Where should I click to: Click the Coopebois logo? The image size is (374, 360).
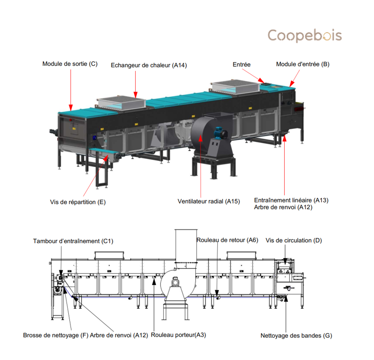[x=305, y=36]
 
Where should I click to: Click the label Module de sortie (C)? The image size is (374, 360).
[x=70, y=64]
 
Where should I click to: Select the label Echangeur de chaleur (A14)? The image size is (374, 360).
[x=149, y=65]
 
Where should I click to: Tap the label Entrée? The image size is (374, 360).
[x=241, y=65]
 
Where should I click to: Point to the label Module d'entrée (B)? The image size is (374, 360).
[x=303, y=64]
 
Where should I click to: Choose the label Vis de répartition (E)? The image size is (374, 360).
[x=78, y=202]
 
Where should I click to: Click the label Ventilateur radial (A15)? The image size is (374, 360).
[x=209, y=201]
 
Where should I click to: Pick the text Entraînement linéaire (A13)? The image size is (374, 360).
[x=291, y=200]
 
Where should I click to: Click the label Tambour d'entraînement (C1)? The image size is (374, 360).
[x=73, y=241]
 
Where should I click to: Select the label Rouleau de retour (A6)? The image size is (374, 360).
[x=228, y=240]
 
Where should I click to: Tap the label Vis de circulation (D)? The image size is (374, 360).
[x=293, y=240]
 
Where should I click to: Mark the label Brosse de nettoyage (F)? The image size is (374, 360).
[x=56, y=336]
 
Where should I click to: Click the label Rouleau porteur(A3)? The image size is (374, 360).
[x=179, y=335]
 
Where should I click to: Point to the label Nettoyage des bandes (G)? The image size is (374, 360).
[x=296, y=336]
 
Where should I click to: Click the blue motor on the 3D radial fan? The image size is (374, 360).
[x=218, y=132]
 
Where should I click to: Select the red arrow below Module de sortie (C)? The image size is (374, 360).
[x=70, y=90]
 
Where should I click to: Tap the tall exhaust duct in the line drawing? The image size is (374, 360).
[x=186, y=246]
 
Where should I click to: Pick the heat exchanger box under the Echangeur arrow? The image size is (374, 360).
[x=121, y=103]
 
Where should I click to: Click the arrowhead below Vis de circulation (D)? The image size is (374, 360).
[x=285, y=260]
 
